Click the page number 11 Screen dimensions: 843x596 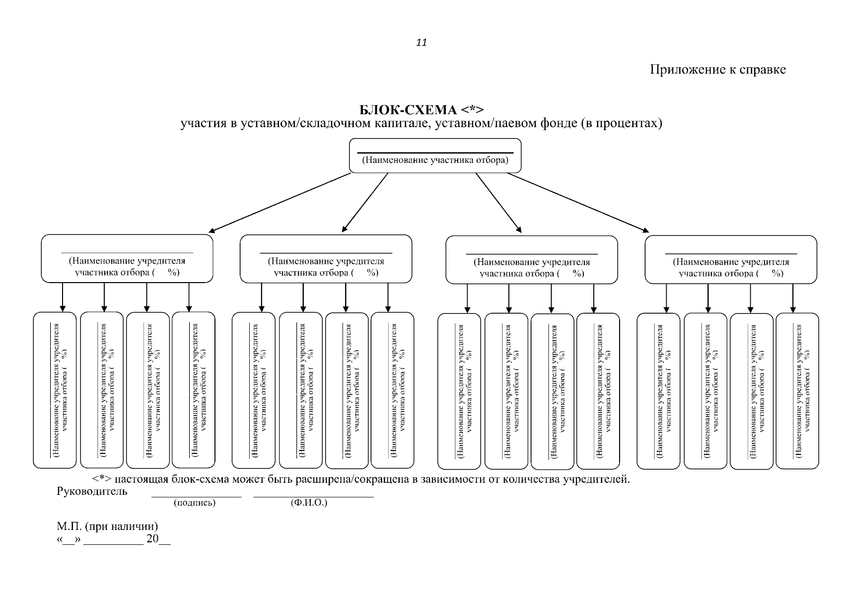(x=421, y=43)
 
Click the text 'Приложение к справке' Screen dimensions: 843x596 (x=718, y=70)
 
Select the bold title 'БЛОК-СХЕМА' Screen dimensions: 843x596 (x=408, y=110)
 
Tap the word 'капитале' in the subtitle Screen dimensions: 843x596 (x=402, y=124)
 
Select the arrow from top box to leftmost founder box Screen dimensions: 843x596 (x=280, y=203)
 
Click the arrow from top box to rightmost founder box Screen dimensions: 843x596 (x=578, y=202)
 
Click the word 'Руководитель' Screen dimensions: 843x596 (x=92, y=491)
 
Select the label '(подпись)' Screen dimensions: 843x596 (x=195, y=503)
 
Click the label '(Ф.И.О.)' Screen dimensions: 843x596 (x=309, y=503)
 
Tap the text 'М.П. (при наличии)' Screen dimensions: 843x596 (x=107, y=526)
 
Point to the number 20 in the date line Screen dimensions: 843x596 (x=152, y=539)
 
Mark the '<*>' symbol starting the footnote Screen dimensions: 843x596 (x=102, y=479)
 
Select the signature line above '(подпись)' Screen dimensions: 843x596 (x=197, y=497)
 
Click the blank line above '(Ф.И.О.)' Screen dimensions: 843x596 (x=313, y=497)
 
